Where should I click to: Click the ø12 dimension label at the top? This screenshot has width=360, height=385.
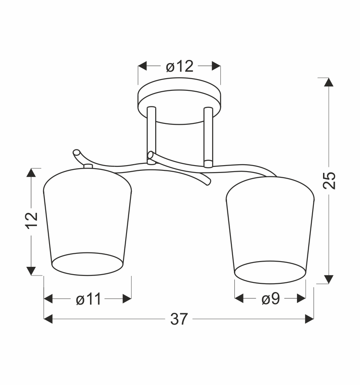(180, 66)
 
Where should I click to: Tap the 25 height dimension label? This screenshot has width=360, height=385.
(329, 180)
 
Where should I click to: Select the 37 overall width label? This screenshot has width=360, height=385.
(179, 319)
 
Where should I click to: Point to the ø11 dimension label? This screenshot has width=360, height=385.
(88, 299)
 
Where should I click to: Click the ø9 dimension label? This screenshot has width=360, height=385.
(270, 299)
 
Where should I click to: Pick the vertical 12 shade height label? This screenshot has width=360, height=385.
(32, 220)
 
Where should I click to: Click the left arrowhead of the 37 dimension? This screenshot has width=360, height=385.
(48, 319)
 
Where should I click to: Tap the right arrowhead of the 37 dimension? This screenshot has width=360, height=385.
(310, 319)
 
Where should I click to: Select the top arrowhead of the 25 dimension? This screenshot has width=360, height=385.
(329, 82)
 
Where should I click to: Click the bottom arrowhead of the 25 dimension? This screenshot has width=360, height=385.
(329, 279)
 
